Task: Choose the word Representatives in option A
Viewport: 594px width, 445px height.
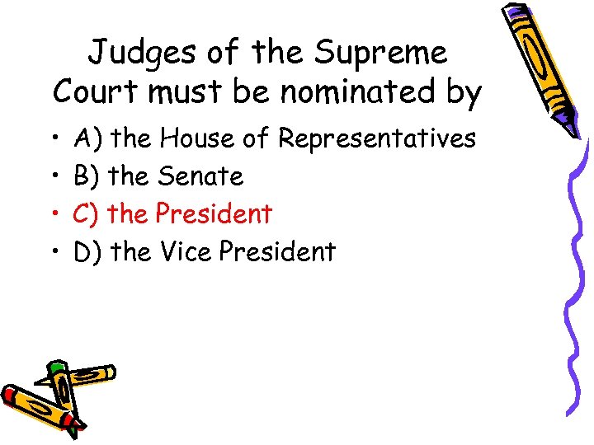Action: pos(376,138)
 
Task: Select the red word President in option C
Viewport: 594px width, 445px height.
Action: pos(214,213)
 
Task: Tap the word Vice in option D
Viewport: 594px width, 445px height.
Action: pos(186,251)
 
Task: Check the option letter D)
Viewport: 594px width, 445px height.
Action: pos(87,252)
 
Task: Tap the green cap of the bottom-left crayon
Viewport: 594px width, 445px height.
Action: pos(56,368)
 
